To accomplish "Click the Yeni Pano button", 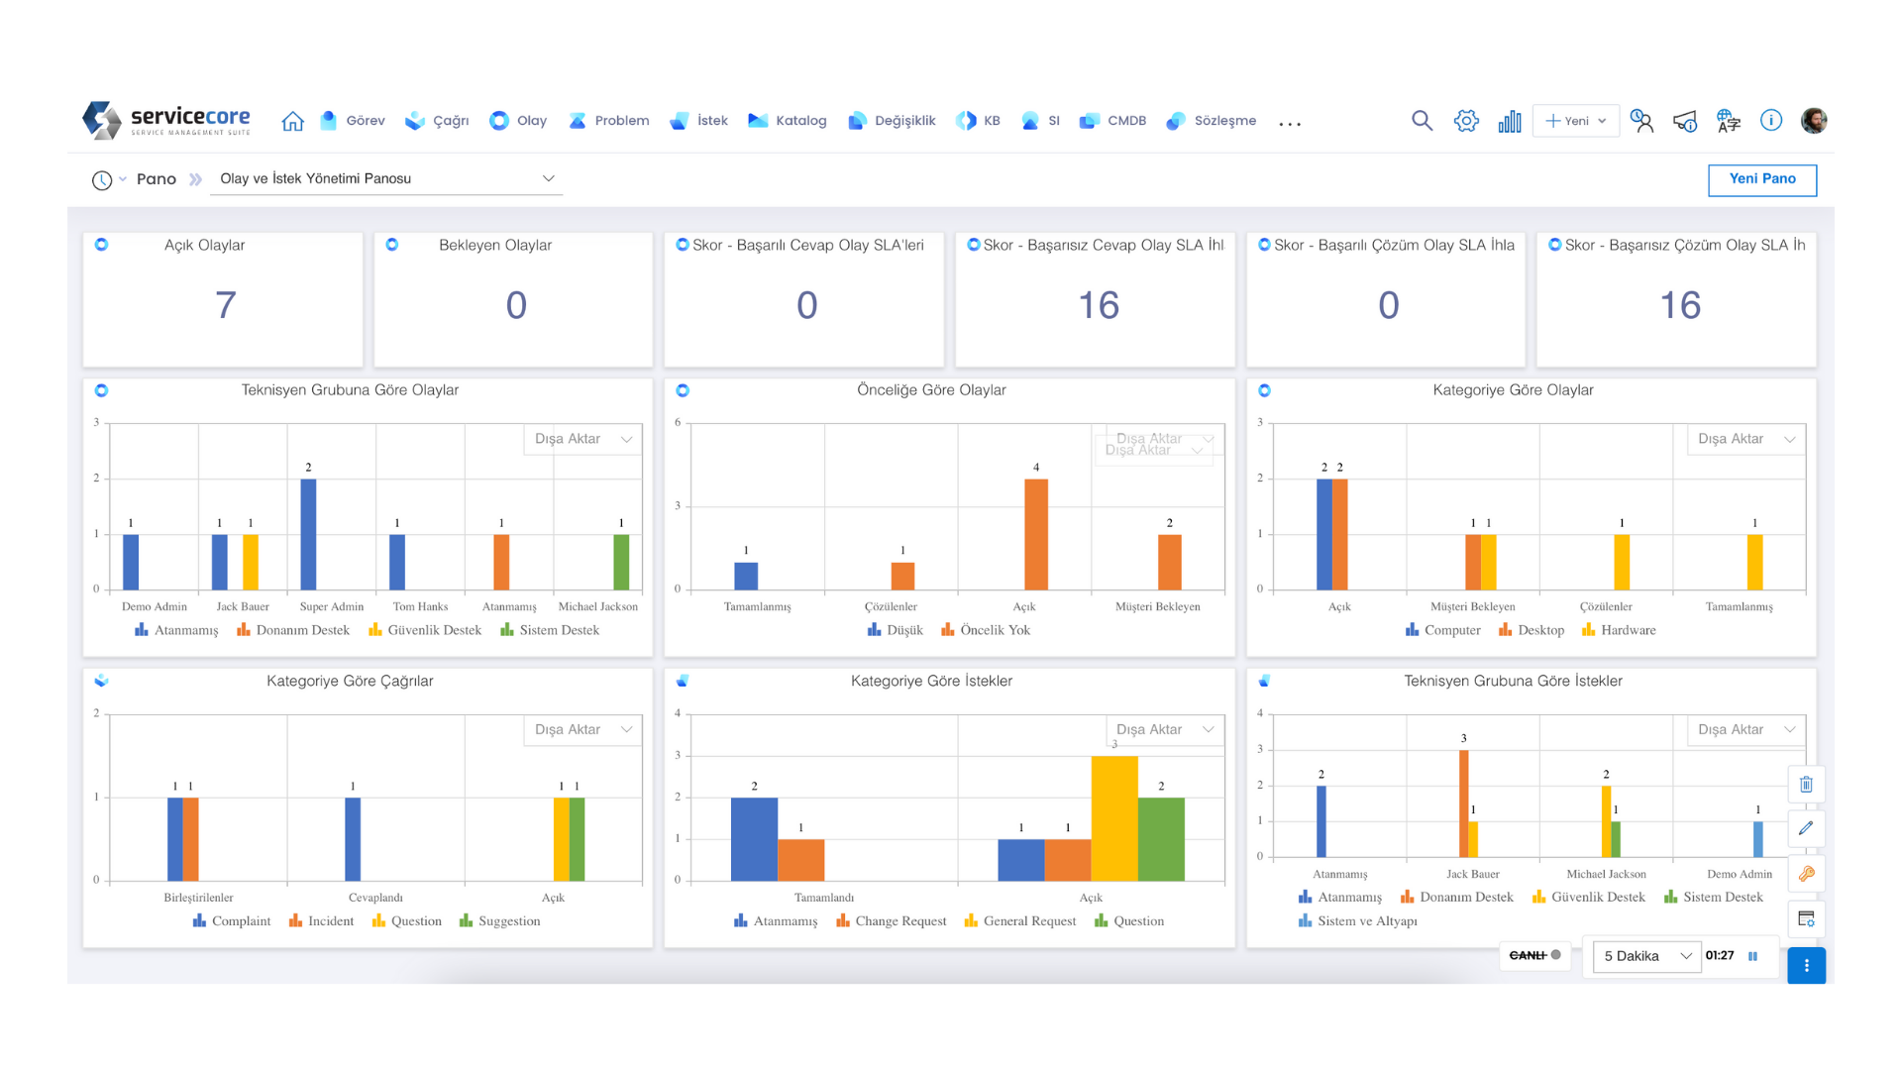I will point(1761,179).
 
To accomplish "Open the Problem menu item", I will point(609,121).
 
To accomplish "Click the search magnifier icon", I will point(1422,121).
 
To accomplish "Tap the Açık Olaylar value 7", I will point(225,305).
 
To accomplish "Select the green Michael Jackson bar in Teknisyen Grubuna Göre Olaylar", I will point(621,562).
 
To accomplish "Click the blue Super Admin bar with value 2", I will point(308,534).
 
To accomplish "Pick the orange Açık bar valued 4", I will point(1036,534).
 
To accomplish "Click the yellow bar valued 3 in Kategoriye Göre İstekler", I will point(1114,818).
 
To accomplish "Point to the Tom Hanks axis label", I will point(420,606).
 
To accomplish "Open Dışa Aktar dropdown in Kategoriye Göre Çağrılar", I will point(582,730).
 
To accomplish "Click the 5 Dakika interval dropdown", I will point(1646,956).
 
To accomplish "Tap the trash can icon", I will point(1806,785).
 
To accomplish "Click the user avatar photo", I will point(1814,121).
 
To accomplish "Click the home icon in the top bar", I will point(292,121).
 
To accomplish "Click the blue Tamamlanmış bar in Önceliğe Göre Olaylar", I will point(746,576).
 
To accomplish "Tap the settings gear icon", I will point(1466,121).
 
